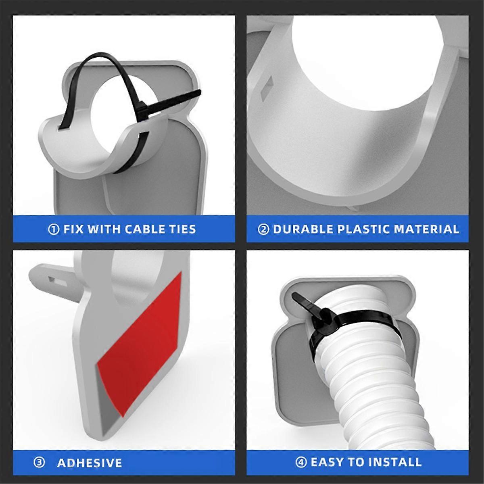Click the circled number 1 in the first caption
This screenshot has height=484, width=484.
[x=54, y=229]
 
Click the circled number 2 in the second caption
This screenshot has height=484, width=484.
[x=263, y=229]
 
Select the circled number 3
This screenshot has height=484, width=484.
[x=39, y=462]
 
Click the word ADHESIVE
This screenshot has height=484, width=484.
[x=90, y=463]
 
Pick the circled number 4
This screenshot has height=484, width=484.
[x=301, y=462]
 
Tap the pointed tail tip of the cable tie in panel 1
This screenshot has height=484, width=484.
[x=200, y=92]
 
